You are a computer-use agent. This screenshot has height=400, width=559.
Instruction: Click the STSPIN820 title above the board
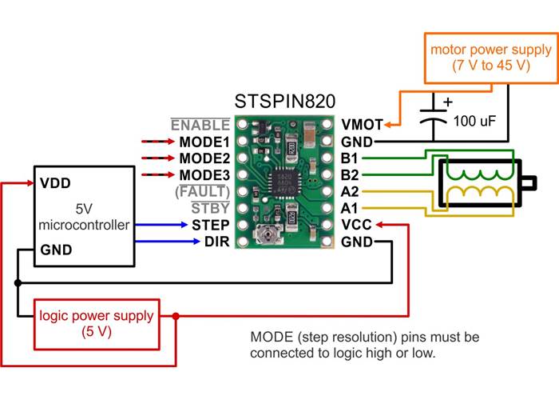tap(284, 102)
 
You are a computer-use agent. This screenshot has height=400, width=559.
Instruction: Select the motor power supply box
tap(490, 58)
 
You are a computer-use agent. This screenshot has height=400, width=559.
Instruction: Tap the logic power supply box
tap(97, 323)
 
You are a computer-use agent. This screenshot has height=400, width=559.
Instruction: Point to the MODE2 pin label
tap(204, 158)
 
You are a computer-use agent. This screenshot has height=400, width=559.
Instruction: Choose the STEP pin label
tap(211, 225)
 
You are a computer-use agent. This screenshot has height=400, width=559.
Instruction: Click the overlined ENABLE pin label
tap(200, 125)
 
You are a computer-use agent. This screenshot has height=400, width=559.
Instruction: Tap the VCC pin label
tap(356, 225)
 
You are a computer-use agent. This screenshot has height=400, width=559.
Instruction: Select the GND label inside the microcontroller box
tap(56, 250)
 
